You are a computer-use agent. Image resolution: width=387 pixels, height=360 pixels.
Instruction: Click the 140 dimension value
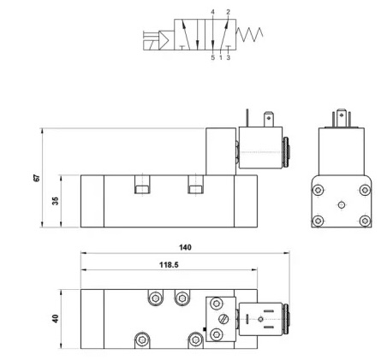(x=185, y=247)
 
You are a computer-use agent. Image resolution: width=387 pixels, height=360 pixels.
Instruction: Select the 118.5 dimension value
(x=169, y=265)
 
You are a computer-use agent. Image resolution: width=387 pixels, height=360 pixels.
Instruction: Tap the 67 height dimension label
(x=37, y=178)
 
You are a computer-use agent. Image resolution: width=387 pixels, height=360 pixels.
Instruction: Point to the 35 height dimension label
(x=56, y=201)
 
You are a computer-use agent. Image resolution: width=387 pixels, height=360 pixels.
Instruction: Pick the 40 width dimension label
(x=56, y=318)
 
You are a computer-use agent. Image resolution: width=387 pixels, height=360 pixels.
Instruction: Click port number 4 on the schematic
(x=212, y=12)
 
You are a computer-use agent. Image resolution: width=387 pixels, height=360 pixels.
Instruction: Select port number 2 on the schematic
(x=228, y=12)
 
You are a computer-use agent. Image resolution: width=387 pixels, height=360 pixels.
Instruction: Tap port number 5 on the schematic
(x=212, y=57)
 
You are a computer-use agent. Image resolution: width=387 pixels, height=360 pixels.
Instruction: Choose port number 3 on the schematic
(x=229, y=57)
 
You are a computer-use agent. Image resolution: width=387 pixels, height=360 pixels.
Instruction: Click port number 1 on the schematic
(x=221, y=57)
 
